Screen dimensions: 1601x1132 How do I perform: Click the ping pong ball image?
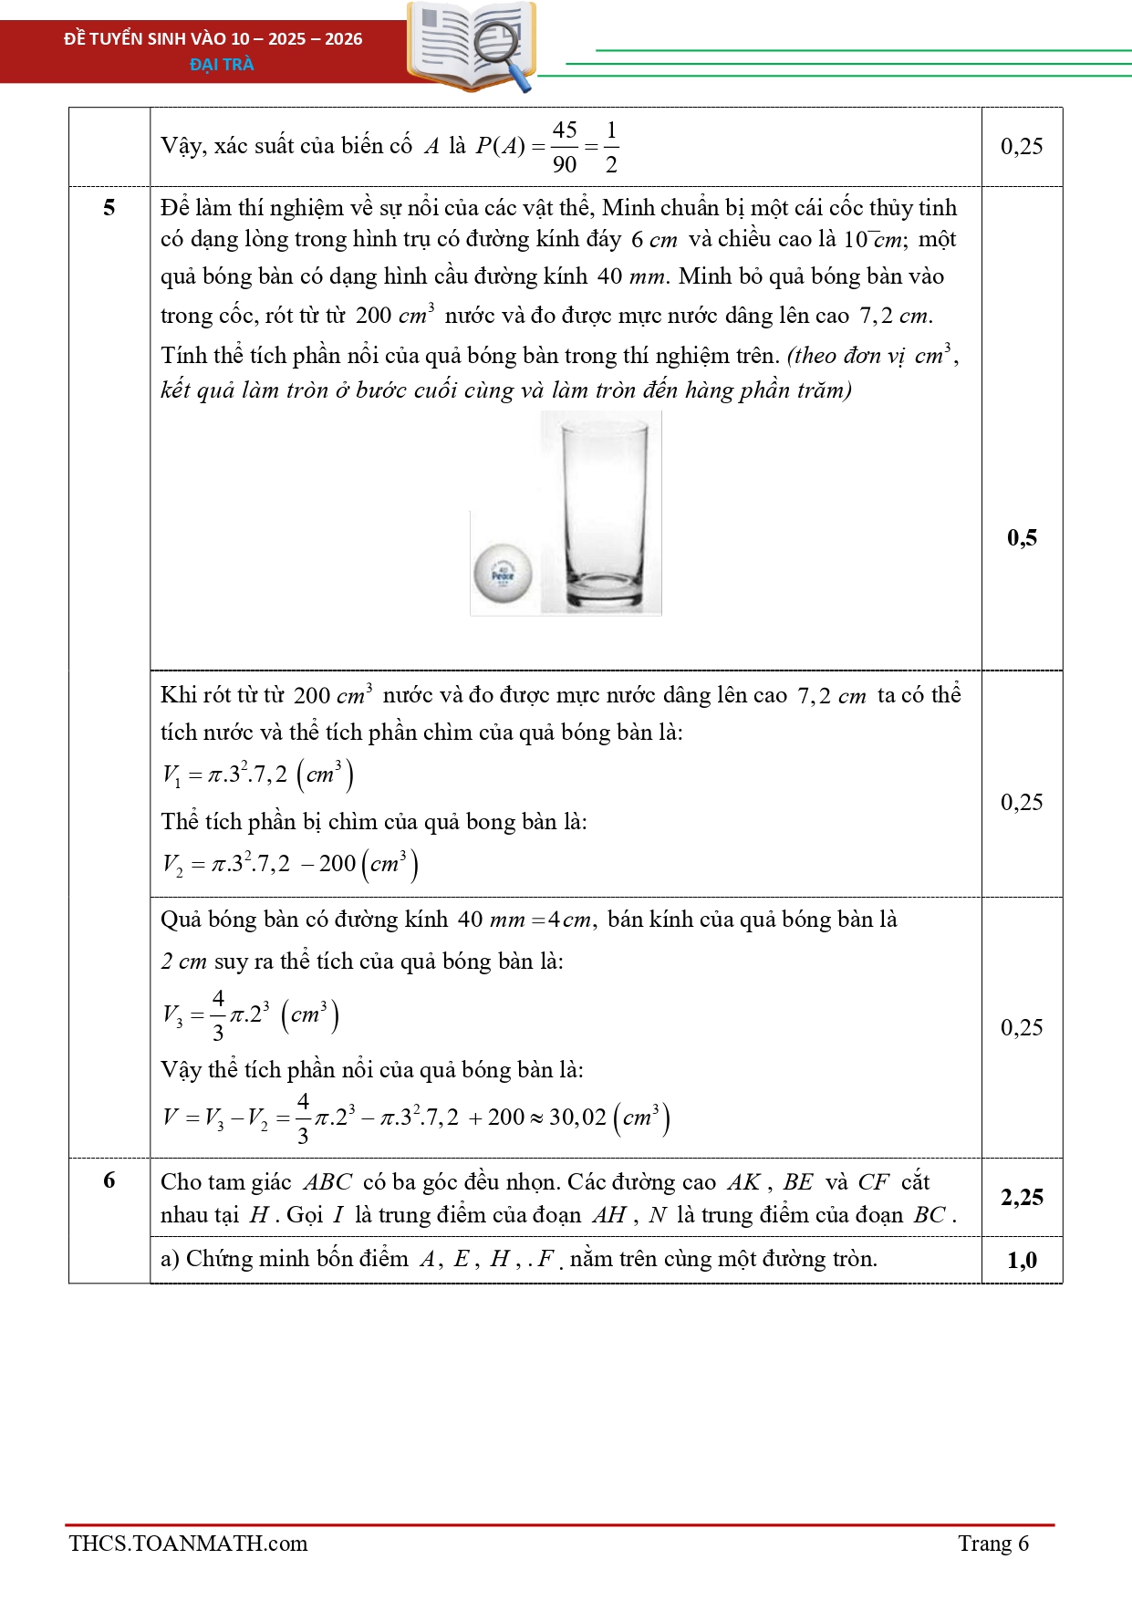(x=503, y=573)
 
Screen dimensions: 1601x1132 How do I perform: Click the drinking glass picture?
(x=602, y=513)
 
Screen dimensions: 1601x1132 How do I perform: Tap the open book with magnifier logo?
(x=472, y=47)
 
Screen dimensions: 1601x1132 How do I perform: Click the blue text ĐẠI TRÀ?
(x=222, y=65)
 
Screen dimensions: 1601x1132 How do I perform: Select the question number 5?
(x=109, y=208)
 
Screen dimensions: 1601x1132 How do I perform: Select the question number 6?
(x=109, y=1180)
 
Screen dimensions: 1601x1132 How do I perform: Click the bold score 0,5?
(x=1022, y=537)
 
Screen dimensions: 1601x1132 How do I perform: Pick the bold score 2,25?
(x=1022, y=1197)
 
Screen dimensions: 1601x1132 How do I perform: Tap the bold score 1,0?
(x=1022, y=1260)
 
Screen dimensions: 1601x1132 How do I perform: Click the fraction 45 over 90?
(x=565, y=147)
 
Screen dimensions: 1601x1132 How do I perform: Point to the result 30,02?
(x=577, y=1118)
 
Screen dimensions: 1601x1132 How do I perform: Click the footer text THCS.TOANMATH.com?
(x=188, y=1544)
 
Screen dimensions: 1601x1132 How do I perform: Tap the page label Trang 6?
(x=992, y=1544)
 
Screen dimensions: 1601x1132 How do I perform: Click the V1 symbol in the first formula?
(x=171, y=775)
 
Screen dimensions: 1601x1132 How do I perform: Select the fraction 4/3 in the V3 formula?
(x=218, y=1015)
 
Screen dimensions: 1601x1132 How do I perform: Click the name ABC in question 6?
(x=327, y=1182)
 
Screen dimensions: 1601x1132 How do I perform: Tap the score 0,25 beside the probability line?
(x=1022, y=147)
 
